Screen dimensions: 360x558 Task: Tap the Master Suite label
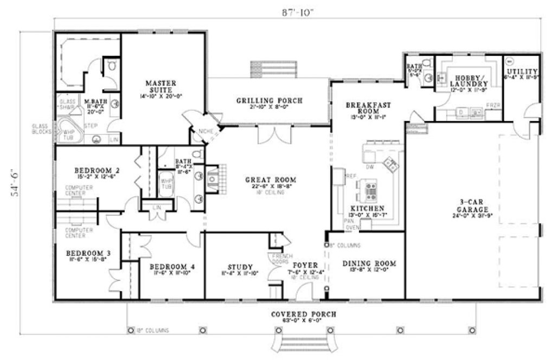click(161, 86)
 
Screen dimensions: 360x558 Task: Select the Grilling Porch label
click(269, 100)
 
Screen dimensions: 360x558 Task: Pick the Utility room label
click(522, 72)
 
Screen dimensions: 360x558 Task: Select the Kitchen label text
click(367, 208)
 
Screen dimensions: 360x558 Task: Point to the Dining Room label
click(369, 264)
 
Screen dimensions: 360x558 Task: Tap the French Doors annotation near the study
click(280, 259)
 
